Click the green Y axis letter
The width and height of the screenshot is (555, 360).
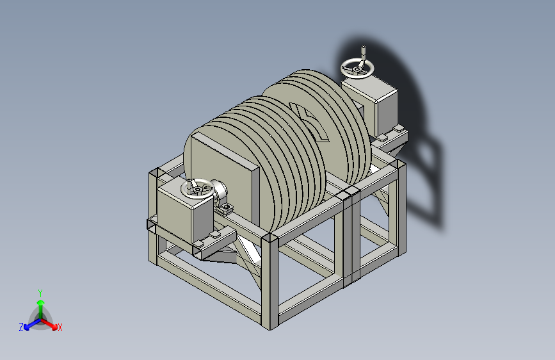point(40,293)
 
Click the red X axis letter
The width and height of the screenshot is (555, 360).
point(60,327)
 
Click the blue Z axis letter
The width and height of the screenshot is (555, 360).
point(21,327)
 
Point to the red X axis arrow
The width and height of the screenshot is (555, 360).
point(49,324)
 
